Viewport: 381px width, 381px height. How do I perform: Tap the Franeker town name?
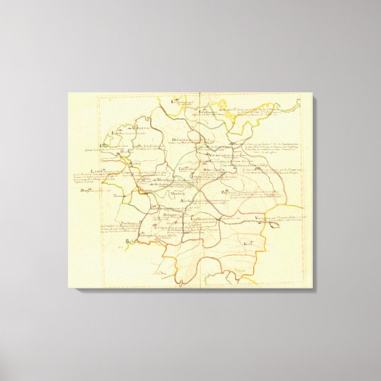pos(117,134)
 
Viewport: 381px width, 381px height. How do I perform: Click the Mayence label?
pos(146,190)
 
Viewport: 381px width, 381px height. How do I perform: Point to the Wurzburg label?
pos(176,193)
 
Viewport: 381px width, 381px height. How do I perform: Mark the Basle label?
pos(130,241)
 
